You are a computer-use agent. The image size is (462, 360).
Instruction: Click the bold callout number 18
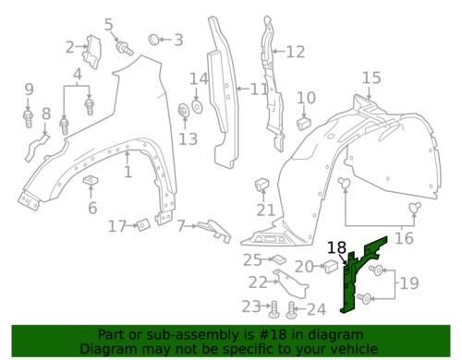336,247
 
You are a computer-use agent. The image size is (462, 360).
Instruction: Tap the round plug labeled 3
153,40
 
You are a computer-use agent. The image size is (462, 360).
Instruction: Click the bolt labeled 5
124,49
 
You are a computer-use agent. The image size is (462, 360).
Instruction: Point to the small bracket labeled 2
91,51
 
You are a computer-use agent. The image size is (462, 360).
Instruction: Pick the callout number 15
371,78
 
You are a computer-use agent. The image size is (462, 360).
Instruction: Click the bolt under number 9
28,119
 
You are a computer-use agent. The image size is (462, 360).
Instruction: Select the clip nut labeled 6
91,181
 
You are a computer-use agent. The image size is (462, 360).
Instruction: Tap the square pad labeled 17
143,224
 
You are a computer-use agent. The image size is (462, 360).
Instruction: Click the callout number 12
296,52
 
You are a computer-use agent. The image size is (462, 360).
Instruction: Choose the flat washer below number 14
197,106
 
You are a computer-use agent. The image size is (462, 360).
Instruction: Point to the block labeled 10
304,123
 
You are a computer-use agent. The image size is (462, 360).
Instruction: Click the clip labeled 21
261,184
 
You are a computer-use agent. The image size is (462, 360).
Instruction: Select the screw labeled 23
274,309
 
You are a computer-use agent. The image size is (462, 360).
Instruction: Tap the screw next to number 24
290,309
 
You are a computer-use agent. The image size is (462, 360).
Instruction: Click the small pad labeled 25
279,259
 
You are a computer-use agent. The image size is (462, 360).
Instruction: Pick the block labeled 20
330,267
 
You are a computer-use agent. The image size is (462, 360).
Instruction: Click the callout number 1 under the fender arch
128,172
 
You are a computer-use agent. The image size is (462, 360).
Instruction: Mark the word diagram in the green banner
342,335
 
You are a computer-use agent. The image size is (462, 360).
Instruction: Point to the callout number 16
404,238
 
